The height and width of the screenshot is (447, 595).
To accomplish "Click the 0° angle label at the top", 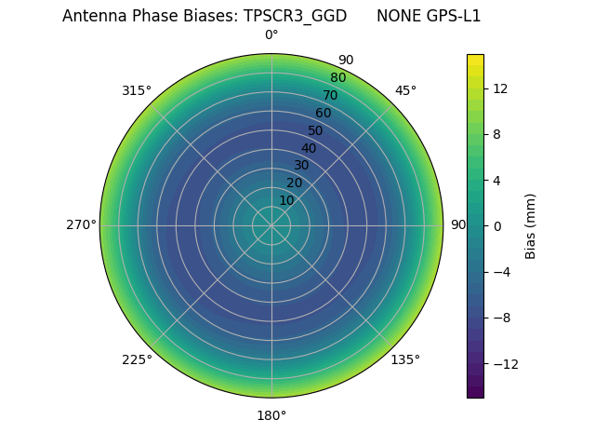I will tap(271, 35).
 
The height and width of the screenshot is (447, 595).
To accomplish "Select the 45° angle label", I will tap(405, 90).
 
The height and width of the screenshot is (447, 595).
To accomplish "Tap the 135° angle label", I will tap(405, 359).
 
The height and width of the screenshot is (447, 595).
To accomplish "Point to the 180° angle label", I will tap(271, 415).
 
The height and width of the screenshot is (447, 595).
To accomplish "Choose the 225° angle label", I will tap(137, 359).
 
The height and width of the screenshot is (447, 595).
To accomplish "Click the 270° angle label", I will tap(81, 225).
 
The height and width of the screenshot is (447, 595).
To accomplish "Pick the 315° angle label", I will tap(137, 90).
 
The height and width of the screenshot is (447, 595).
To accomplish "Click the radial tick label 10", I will tap(286, 200).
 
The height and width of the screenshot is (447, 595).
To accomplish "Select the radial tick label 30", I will tap(301, 165).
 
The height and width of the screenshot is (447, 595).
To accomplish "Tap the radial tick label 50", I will tap(316, 130).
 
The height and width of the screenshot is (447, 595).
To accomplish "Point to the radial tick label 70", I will tap(330, 95).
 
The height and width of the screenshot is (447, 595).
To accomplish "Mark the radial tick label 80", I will tap(337, 78).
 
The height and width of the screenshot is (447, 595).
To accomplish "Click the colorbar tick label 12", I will tap(499, 88).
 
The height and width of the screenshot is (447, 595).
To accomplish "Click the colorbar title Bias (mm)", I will tap(531, 225).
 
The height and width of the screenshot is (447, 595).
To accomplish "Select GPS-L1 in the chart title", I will tap(450, 16).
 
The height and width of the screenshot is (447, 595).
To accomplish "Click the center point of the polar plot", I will tap(271, 225).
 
